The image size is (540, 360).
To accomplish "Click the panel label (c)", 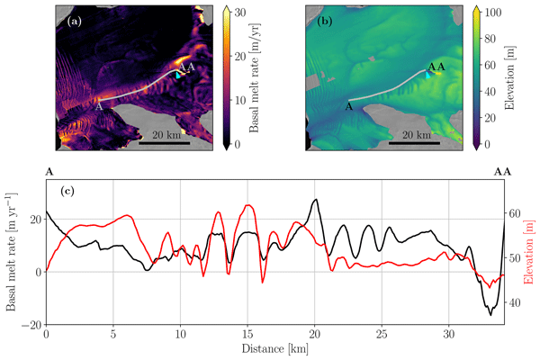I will tap(66, 191).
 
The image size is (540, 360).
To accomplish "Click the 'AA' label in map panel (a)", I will tap(187, 67).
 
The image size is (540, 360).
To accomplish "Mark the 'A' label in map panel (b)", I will tap(347, 106).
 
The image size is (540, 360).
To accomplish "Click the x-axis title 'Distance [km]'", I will tap(274, 347).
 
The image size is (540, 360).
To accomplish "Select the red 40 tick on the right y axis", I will tap(516, 302).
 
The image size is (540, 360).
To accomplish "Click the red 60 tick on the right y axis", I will tap(516, 213).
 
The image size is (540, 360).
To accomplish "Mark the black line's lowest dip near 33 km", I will tap(490, 314).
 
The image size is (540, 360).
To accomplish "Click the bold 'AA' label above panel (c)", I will tap(502, 170).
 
